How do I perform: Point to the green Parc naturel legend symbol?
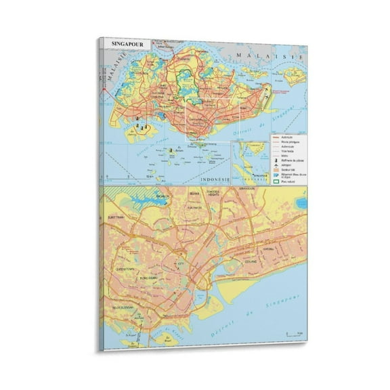276,181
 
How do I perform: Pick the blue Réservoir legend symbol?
276,174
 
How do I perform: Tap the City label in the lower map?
180,263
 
